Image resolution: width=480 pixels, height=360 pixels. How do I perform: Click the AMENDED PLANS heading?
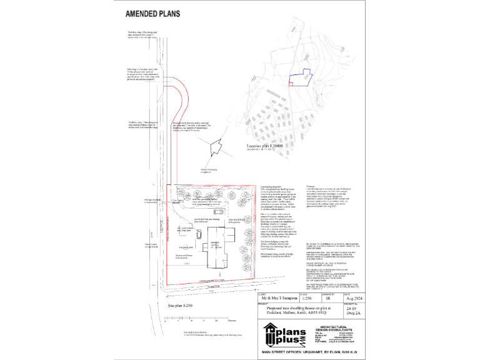click(x=154, y=12)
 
